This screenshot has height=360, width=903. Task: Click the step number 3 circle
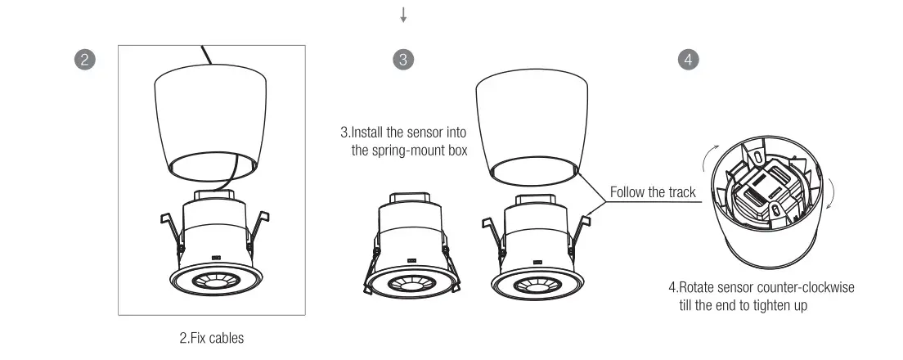tap(402, 59)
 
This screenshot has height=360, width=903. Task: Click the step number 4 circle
tap(690, 59)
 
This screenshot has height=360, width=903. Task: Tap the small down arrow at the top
tap(402, 15)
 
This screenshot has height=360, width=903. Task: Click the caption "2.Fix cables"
tap(211, 337)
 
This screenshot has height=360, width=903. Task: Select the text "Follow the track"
tap(653, 193)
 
